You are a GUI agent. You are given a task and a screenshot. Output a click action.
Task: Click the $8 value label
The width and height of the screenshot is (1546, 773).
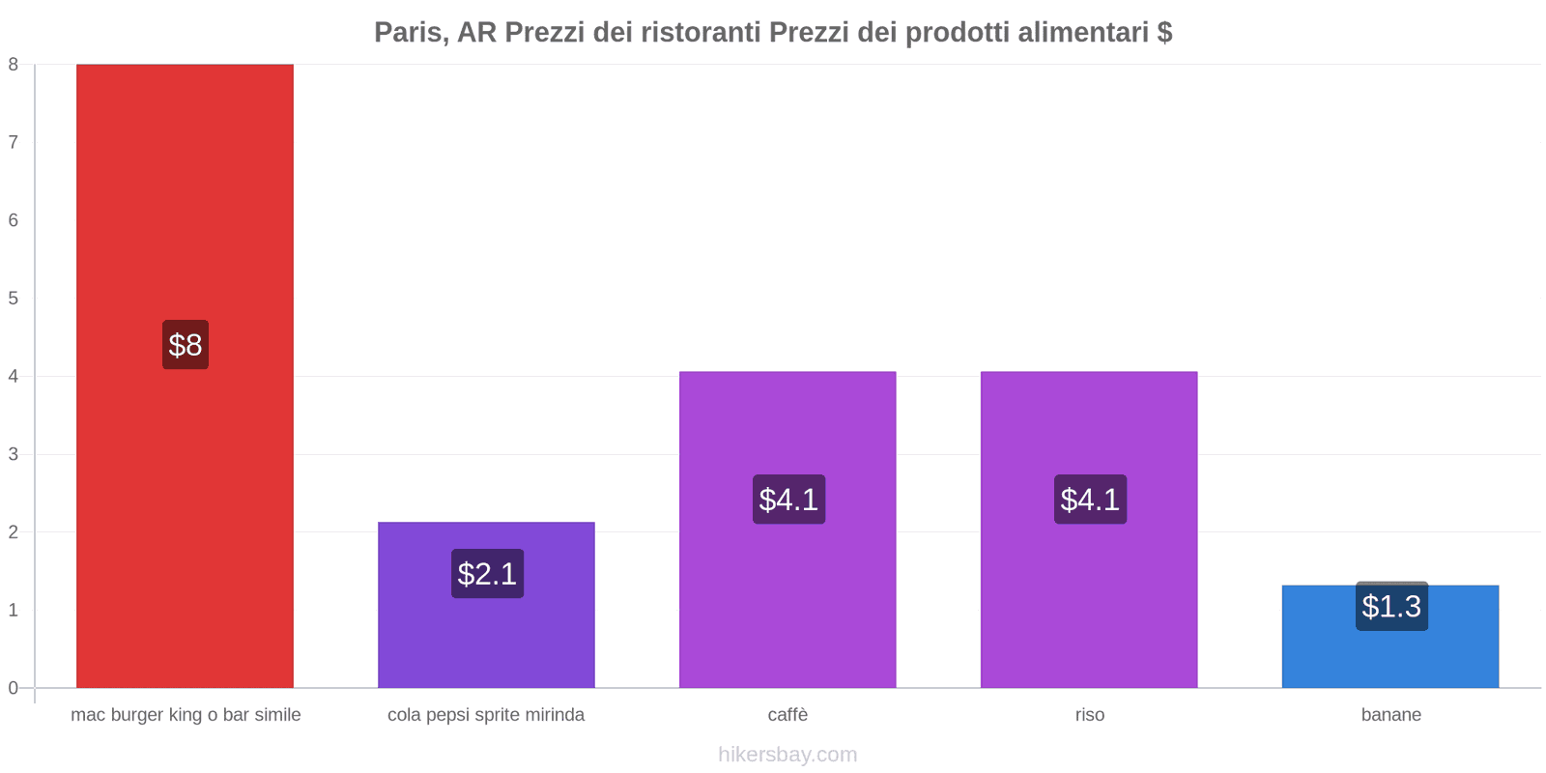pos(186,345)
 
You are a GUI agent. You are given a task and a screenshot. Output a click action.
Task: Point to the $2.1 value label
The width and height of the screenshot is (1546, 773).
pos(487,574)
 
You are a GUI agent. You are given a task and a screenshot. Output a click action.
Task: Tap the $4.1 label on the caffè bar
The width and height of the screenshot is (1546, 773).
pos(788,500)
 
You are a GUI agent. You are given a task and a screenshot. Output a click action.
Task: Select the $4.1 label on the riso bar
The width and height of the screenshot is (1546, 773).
pos(1090,500)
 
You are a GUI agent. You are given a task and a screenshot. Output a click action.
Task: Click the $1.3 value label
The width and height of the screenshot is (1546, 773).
pos(1391,607)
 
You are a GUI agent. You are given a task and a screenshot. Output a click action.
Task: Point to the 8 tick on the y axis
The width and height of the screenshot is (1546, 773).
pos(14,65)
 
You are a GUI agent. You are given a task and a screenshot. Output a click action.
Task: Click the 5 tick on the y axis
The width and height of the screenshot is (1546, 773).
pos(14,299)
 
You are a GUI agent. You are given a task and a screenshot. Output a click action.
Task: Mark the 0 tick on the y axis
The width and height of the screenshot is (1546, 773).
pos(14,688)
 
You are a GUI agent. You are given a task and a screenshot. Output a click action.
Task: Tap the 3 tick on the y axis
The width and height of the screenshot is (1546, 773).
pos(14,454)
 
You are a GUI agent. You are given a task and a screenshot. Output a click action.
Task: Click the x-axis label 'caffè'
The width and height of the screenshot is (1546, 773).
pos(787,715)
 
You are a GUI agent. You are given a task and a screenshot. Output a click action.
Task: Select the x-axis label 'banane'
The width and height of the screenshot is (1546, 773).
pos(1390,715)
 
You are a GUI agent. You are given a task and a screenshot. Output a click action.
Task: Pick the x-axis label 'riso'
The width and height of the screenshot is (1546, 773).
pos(1089,715)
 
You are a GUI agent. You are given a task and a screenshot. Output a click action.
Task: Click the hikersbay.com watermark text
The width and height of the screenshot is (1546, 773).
pos(787,755)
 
